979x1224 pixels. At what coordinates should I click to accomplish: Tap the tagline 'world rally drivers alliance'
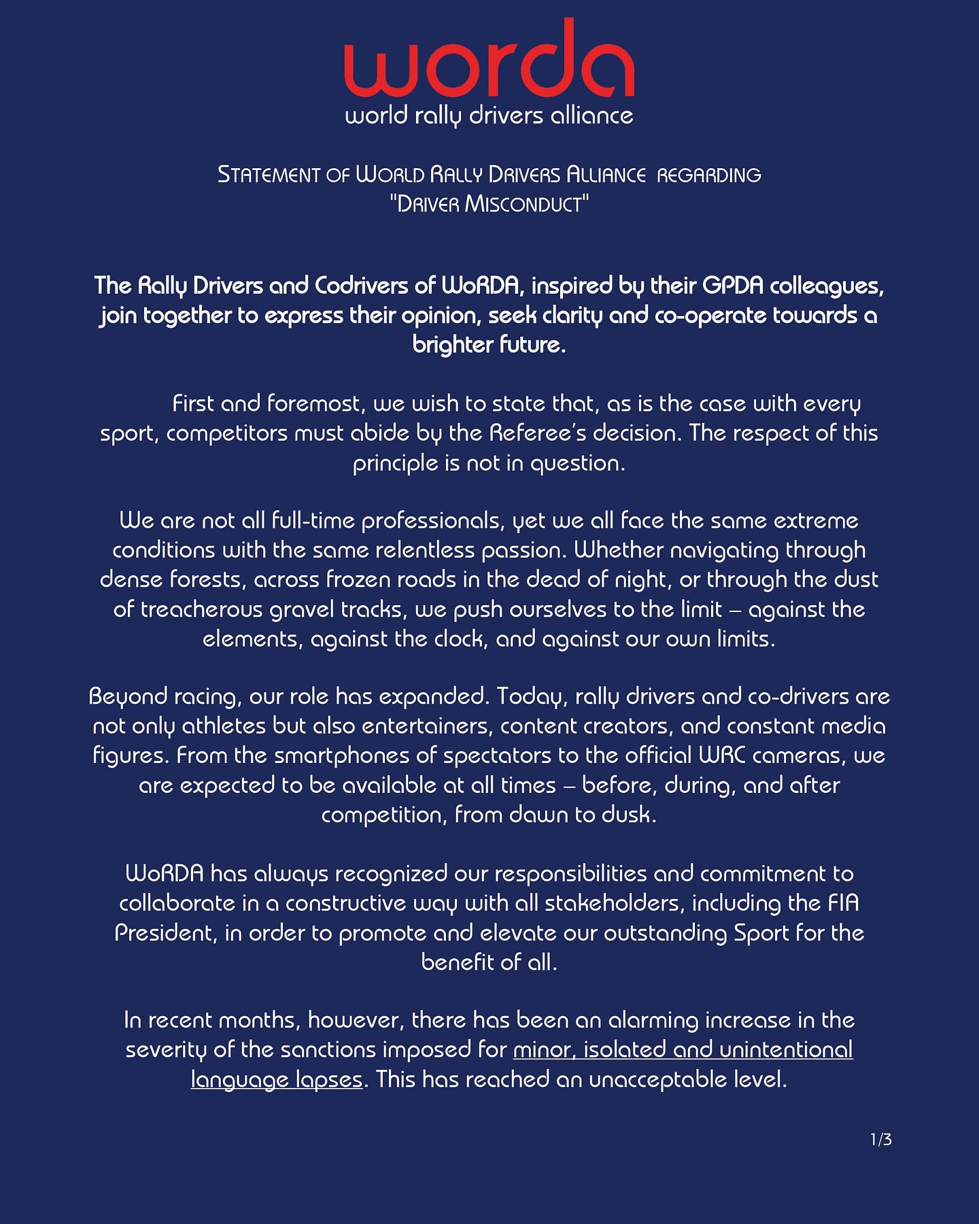(x=489, y=116)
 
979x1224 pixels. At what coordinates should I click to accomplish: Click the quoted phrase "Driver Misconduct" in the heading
(x=489, y=205)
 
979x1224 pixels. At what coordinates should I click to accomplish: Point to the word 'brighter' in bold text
(x=452, y=345)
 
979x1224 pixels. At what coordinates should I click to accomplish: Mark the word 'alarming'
(x=653, y=1021)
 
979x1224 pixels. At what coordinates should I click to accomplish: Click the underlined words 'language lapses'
(x=276, y=1080)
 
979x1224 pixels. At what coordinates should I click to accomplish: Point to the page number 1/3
(x=880, y=1140)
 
